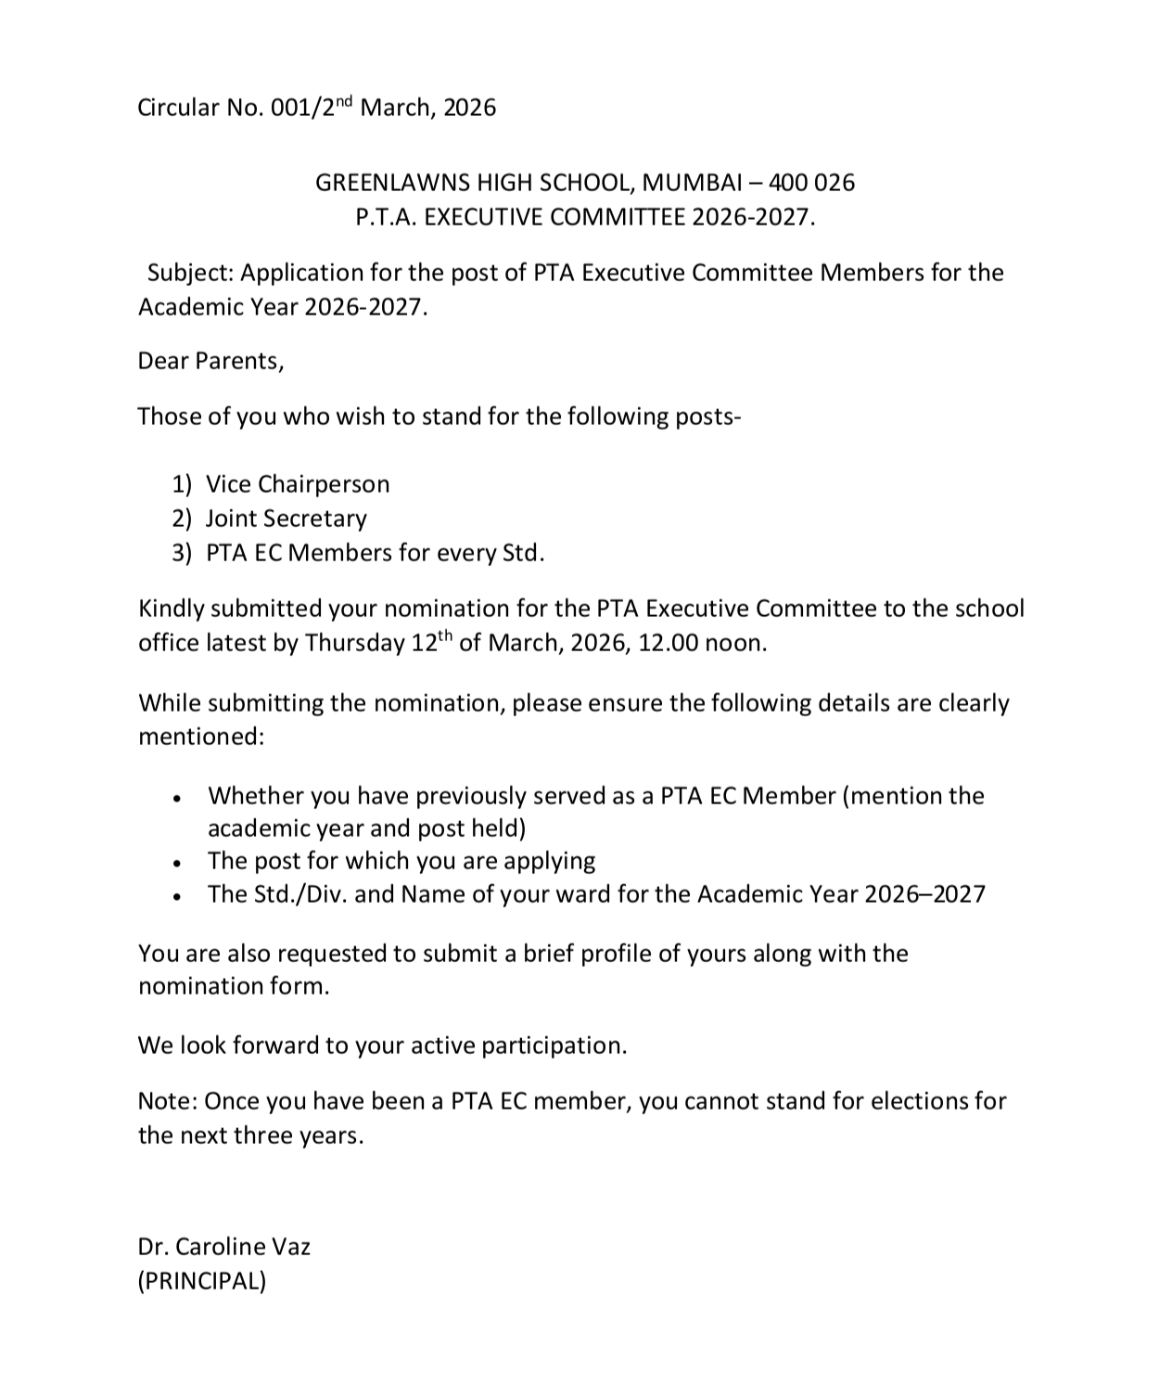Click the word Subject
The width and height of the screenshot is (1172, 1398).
(189, 273)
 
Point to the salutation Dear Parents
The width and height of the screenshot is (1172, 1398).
(210, 361)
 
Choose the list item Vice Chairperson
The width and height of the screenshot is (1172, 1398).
(298, 484)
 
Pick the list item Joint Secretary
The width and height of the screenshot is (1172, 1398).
(286, 519)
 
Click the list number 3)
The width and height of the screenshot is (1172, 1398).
(182, 553)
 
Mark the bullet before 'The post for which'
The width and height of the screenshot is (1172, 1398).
(176, 863)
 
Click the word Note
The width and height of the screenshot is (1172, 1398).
(166, 1101)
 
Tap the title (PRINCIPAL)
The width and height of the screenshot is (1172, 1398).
(202, 1281)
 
